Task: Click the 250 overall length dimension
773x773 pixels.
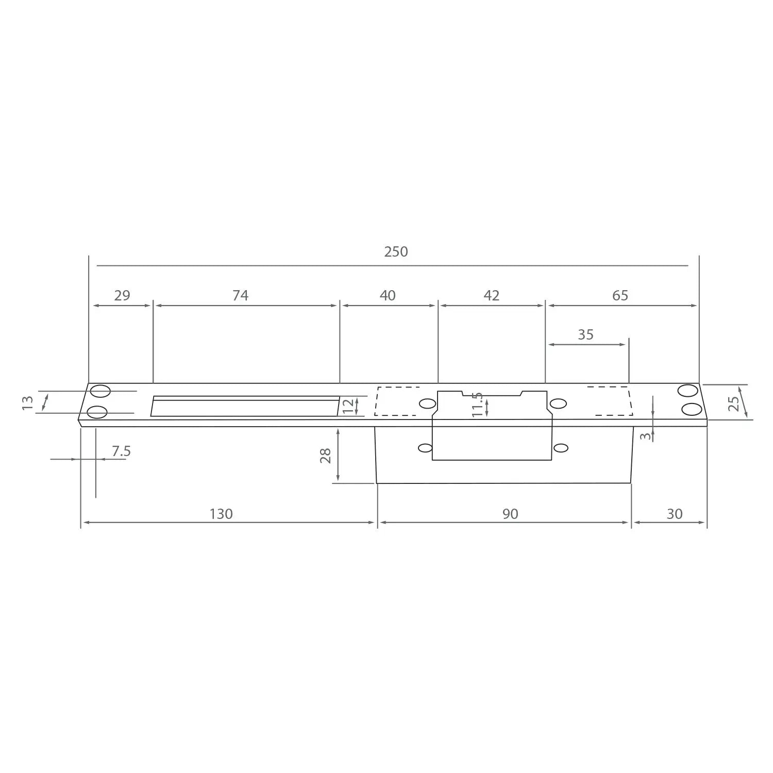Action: pyautogui.click(x=396, y=251)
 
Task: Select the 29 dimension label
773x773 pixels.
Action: pyautogui.click(x=122, y=295)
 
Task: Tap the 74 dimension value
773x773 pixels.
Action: pyautogui.click(x=240, y=295)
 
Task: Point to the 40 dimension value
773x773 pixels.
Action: pyautogui.click(x=388, y=295)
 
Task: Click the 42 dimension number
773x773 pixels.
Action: pyautogui.click(x=492, y=295)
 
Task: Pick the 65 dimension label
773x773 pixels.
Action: pyautogui.click(x=620, y=295)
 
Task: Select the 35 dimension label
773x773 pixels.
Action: pyautogui.click(x=585, y=334)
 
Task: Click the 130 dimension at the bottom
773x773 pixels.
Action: pyautogui.click(x=221, y=514)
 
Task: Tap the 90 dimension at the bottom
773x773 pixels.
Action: pyautogui.click(x=510, y=514)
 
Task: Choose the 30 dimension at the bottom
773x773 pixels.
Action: pyautogui.click(x=674, y=514)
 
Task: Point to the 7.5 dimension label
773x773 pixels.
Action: pyautogui.click(x=121, y=451)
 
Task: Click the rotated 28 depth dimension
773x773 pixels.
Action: pyautogui.click(x=326, y=456)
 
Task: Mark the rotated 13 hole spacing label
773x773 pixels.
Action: pyautogui.click(x=28, y=402)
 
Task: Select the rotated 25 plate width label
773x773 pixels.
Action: pyautogui.click(x=733, y=403)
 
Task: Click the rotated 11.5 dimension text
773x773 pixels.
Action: pyautogui.click(x=477, y=405)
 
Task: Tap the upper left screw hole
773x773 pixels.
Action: pyautogui.click(x=100, y=391)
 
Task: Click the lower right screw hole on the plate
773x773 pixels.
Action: pyautogui.click(x=692, y=410)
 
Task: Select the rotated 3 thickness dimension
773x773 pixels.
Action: pyautogui.click(x=645, y=436)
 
